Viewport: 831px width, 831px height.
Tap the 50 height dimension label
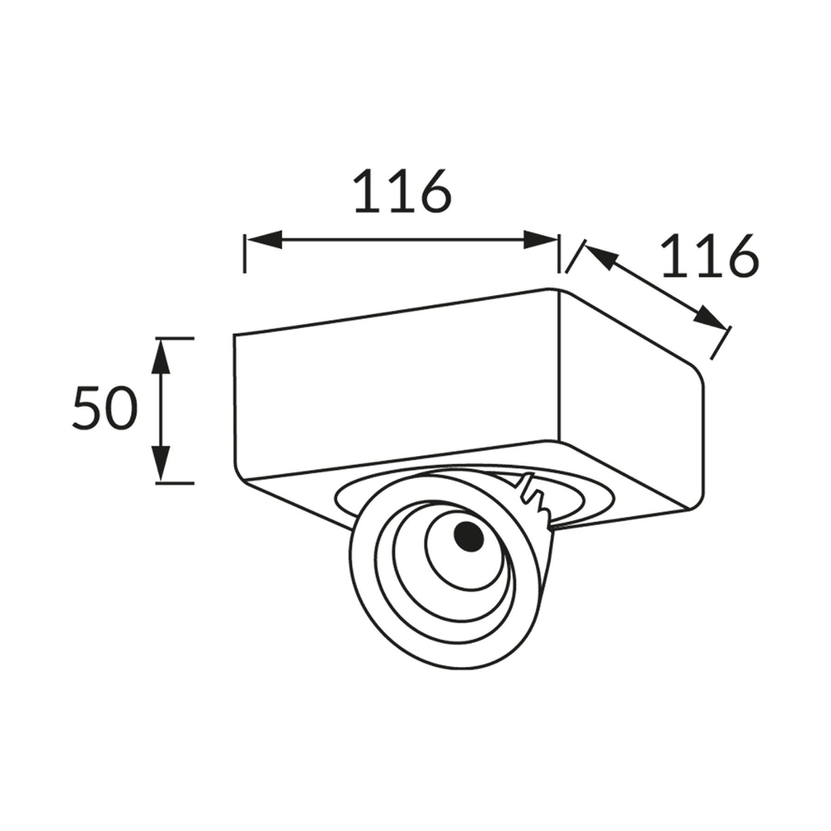(105, 408)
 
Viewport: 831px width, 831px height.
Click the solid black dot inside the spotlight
(469, 536)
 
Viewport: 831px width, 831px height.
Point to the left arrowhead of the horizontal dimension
(263, 240)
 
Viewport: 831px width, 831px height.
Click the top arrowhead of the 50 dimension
(161, 356)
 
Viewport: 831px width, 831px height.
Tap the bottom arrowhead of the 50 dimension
(161, 464)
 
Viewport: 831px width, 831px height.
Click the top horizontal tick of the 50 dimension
(175, 338)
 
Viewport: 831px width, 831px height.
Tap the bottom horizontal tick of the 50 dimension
(175, 483)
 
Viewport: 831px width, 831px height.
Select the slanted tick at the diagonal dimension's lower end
(721, 343)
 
